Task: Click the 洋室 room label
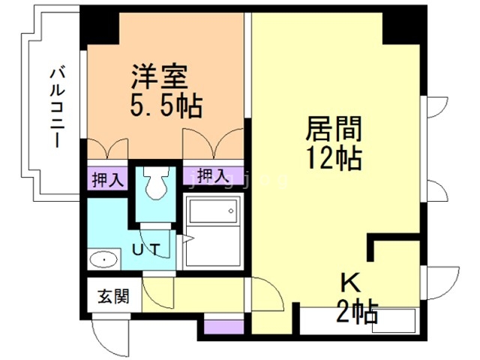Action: coord(160,76)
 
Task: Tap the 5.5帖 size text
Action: coord(166,106)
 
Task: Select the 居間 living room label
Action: coord(334,129)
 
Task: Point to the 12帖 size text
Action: coord(334,158)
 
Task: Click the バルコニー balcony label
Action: coord(58,108)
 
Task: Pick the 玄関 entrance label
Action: coord(113,296)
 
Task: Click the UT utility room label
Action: coord(146,249)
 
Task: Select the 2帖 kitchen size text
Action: coord(357,312)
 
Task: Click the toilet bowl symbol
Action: coord(157,182)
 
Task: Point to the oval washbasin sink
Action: coord(103,260)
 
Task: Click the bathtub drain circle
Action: coord(231,211)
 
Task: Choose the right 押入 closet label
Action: coord(213,175)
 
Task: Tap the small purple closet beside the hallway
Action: coord(223,327)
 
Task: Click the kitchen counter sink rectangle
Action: coord(394,320)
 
